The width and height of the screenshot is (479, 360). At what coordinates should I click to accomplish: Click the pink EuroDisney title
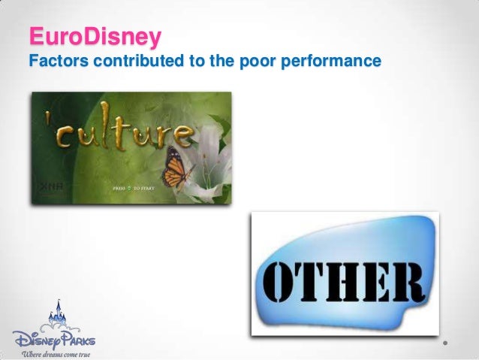point(93,36)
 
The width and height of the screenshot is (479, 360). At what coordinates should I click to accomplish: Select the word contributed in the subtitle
point(137,61)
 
